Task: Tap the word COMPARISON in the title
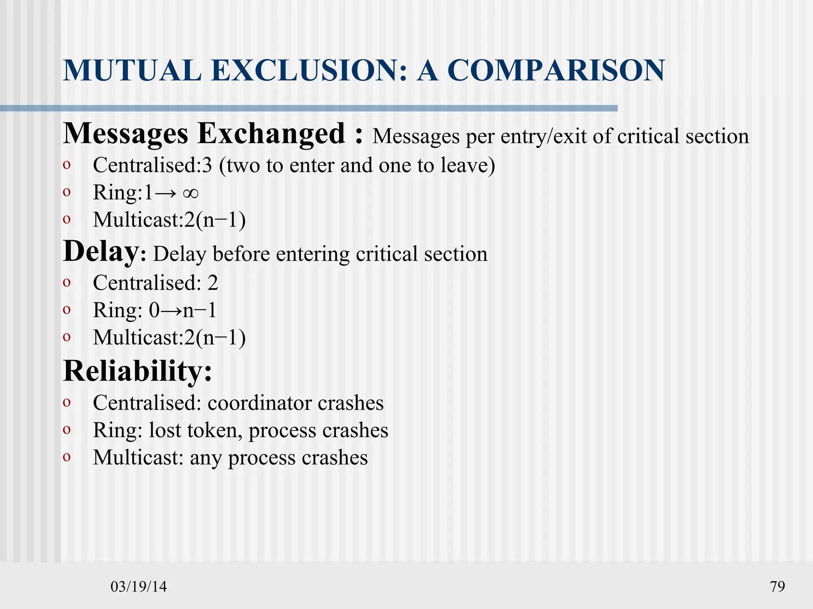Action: [x=556, y=71]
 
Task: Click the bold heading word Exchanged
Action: [x=271, y=133]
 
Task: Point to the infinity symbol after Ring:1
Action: [x=191, y=193]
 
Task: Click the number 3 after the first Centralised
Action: [x=207, y=165]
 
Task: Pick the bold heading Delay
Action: [x=101, y=252]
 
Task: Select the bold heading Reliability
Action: [x=137, y=371]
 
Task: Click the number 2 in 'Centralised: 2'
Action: [x=213, y=283]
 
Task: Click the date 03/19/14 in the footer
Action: [x=139, y=586]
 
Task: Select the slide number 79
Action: [x=777, y=586]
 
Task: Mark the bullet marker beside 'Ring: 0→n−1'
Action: [x=67, y=310]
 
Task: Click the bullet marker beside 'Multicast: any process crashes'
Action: [x=67, y=457]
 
